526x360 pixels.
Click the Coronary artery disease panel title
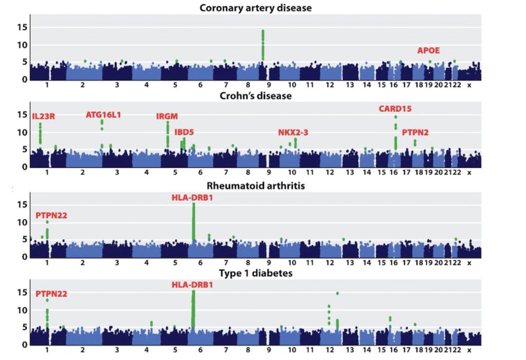(255, 8)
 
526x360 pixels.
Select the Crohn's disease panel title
(255, 96)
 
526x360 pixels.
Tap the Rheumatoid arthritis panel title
(255, 185)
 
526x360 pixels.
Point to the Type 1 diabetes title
(255, 273)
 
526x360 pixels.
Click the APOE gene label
(428, 50)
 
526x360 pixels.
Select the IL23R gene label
(43, 117)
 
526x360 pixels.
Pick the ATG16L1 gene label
(103, 115)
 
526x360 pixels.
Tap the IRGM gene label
(167, 117)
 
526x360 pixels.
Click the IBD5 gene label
(184, 132)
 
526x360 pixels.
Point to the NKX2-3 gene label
(293, 132)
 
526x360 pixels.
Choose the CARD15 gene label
(395, 109)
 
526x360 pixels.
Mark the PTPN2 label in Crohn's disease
(415, 132)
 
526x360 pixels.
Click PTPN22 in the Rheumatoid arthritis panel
(51, 216)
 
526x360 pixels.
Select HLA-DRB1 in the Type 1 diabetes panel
(192, 285)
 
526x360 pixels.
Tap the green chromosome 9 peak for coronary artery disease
(262, 44)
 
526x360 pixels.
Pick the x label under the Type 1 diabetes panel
(468, 350)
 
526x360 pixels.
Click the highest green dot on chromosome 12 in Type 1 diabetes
(337, 293)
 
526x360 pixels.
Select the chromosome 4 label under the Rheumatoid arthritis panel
(146, 263)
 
